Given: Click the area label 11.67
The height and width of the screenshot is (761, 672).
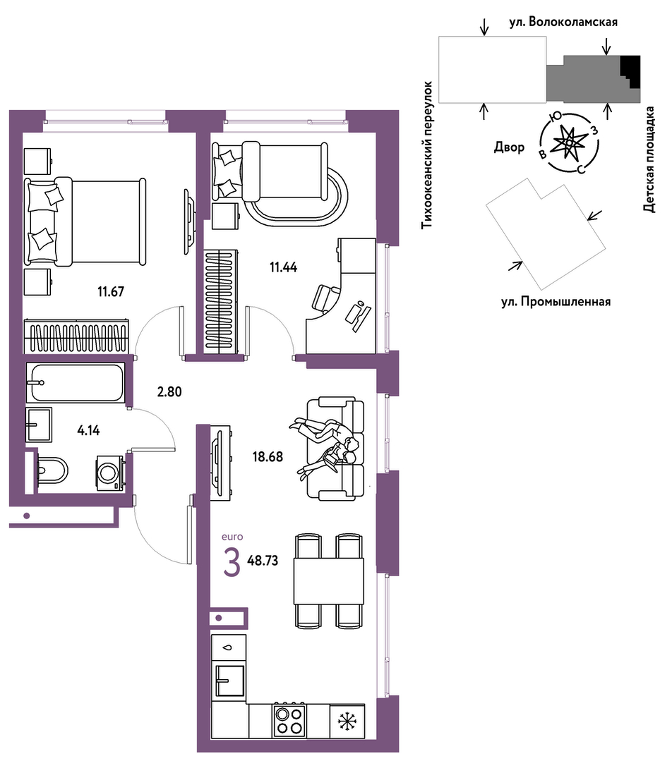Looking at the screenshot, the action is point(111,292).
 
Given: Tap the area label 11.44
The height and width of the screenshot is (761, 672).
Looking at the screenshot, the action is point(283,267).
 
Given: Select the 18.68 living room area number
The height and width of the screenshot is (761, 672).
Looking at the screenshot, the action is point(268,457).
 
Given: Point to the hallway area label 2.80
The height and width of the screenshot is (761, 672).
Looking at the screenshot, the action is point(169,391).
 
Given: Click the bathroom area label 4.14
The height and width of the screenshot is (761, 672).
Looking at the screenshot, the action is point(88,430).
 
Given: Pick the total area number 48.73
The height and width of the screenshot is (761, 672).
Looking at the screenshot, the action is point(263,561).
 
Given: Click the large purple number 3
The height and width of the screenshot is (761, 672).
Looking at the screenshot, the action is point(232,562).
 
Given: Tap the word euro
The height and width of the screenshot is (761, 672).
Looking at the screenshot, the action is point(232,537).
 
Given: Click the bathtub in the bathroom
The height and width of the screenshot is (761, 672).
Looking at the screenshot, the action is point(76,382).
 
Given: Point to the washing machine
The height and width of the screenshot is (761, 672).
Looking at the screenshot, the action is point(110,473).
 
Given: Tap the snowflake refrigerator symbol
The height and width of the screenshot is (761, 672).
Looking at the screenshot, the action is point(347,722).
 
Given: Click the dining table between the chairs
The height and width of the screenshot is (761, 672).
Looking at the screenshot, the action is point(329,580).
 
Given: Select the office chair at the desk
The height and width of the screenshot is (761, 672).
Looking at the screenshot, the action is point(327,297).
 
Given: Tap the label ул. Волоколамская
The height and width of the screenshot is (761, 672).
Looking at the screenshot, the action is point(563,22).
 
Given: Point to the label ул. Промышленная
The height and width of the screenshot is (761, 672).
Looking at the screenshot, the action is point(556,302).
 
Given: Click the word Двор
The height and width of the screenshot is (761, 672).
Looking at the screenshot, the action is point(509,147).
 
